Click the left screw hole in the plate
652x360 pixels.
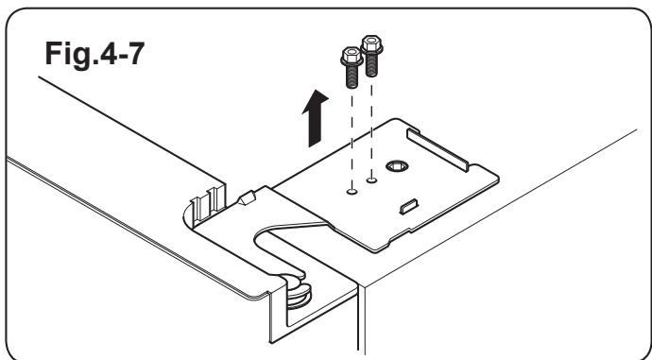point(351,189)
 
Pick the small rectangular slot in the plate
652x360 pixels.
point(410,205)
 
